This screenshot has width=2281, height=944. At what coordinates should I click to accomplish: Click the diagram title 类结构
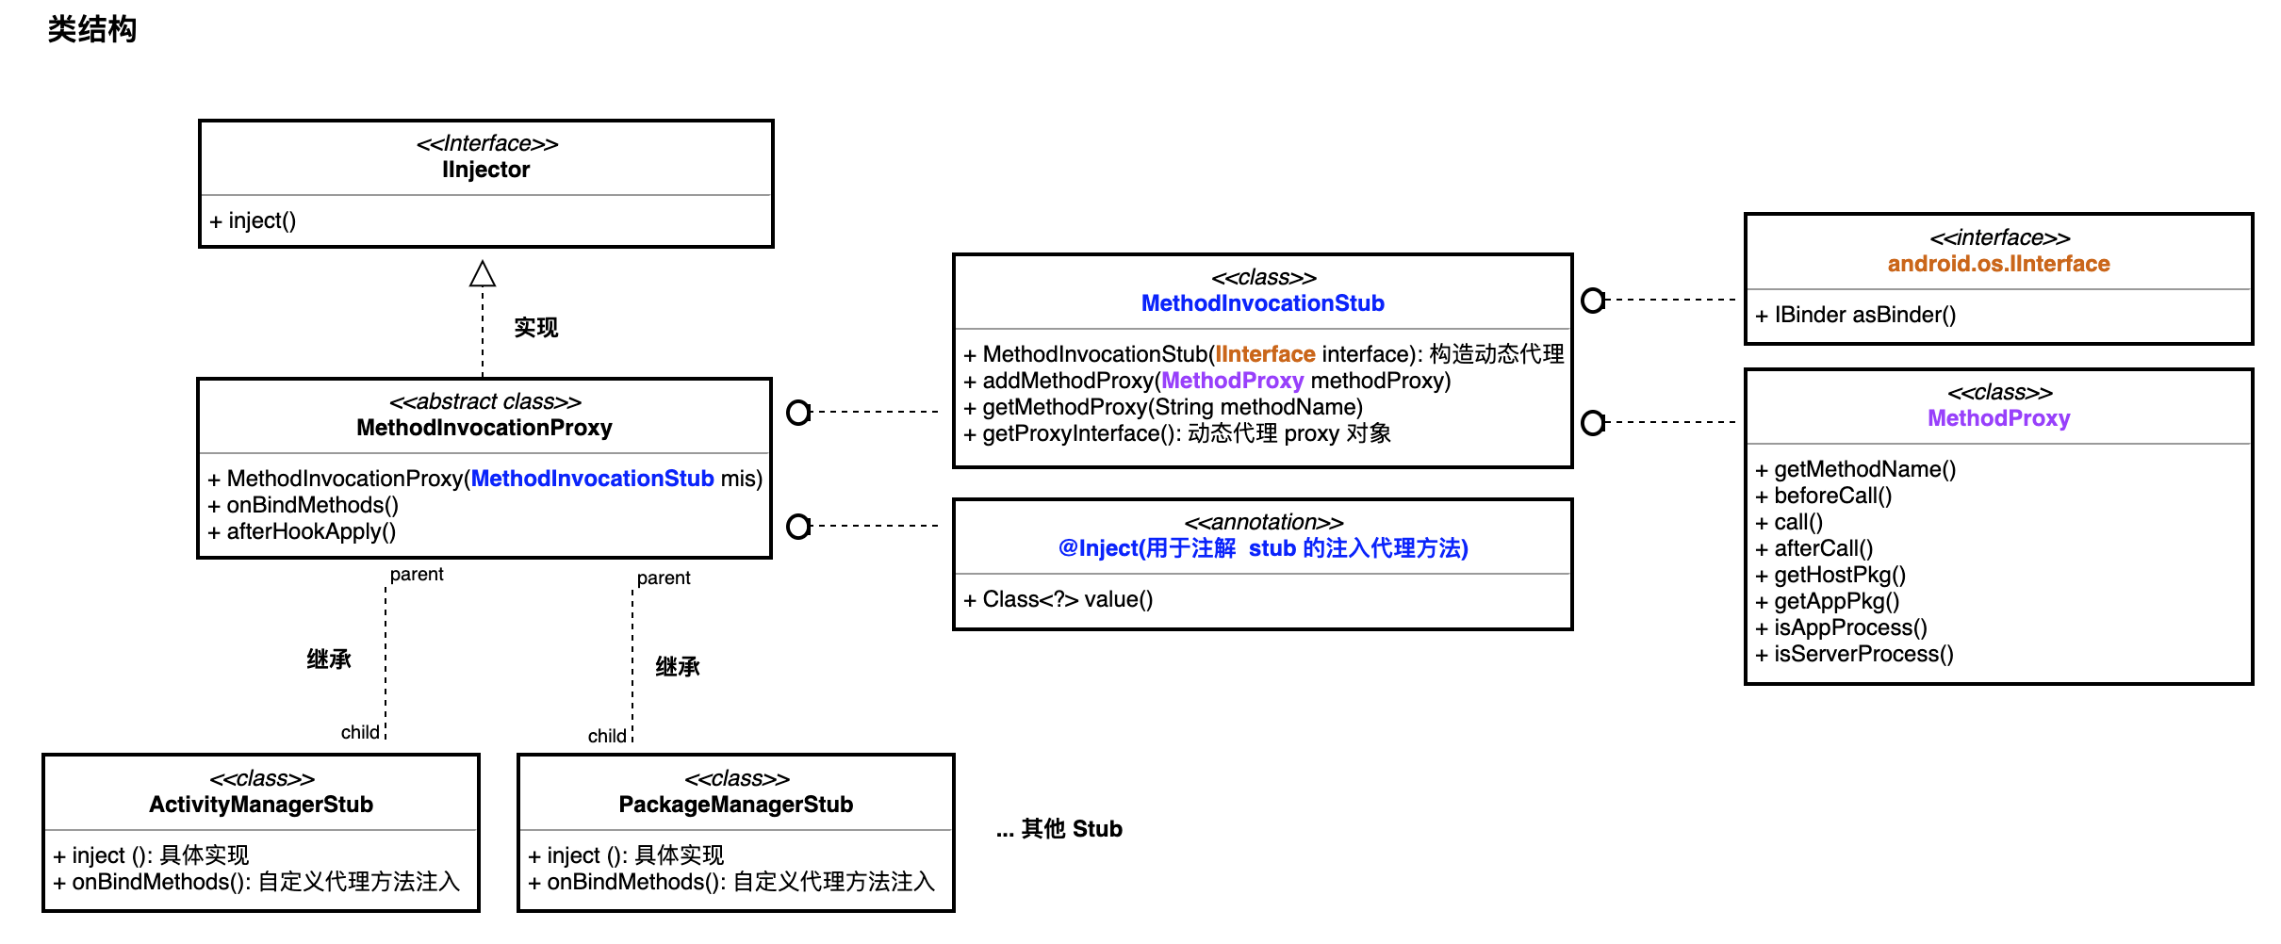coord(91,29)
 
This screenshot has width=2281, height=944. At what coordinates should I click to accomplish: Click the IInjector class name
coord(485,170)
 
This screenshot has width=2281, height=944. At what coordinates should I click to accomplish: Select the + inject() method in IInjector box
coord(253,220)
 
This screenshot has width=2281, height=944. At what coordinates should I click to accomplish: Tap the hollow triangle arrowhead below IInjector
coord(483,274)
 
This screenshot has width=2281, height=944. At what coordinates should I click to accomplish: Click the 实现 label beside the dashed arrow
coord(535,327)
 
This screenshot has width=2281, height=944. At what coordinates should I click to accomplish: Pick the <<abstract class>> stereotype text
coord(485,401)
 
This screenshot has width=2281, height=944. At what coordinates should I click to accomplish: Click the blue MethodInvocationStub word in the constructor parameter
coord(592,479)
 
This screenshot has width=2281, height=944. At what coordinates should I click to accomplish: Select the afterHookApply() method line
coord(303,531)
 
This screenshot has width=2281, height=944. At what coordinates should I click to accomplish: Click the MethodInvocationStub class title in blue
coord(1262,303)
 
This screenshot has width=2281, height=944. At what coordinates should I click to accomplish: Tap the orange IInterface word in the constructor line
coord(1265,354)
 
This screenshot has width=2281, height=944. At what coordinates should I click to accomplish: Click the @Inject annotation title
coord(1262,548)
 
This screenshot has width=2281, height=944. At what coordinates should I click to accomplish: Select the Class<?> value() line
coord(1058,599)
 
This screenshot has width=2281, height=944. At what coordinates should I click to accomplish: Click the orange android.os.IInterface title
coord(1998,264)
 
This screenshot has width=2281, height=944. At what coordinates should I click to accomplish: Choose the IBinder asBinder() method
coord(1856,315)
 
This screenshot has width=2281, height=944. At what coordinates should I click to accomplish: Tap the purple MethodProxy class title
coord(1998,418)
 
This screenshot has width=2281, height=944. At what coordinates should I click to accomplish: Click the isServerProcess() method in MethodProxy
coord(1855,654)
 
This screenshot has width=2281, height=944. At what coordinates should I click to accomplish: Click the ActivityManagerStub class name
coord(261,805)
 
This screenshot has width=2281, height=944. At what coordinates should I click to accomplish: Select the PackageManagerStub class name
coord(735,805)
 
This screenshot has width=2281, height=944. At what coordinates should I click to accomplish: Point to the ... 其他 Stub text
coord(1059,829)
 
